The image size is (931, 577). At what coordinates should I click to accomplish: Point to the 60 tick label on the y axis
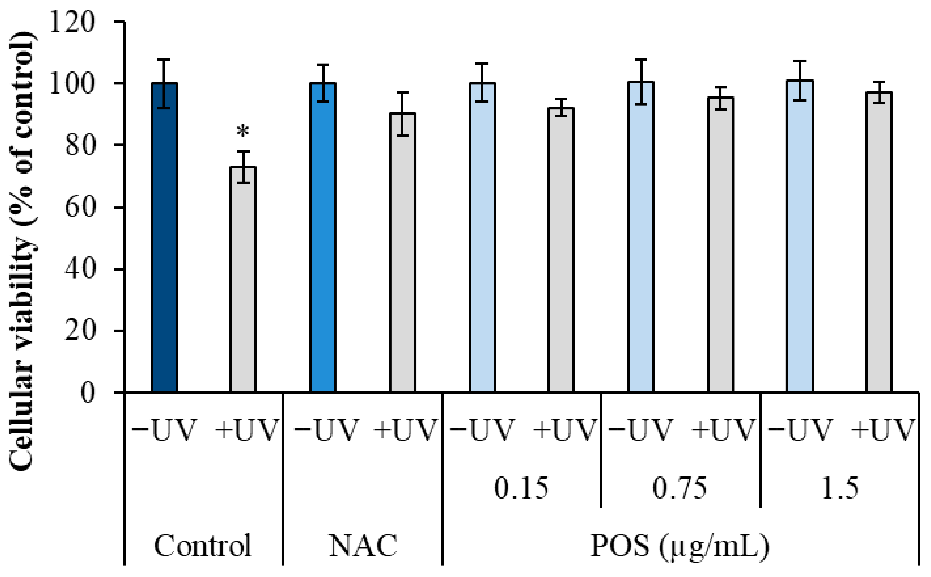[79, 208]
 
